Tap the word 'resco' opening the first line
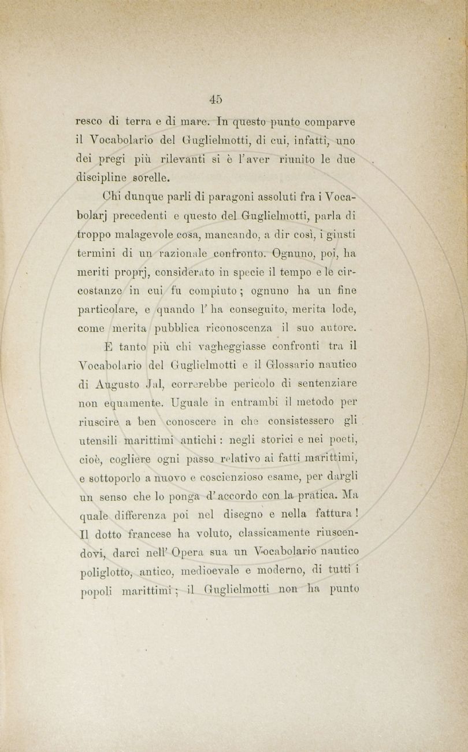pyautogui.click(x=90, y=122)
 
